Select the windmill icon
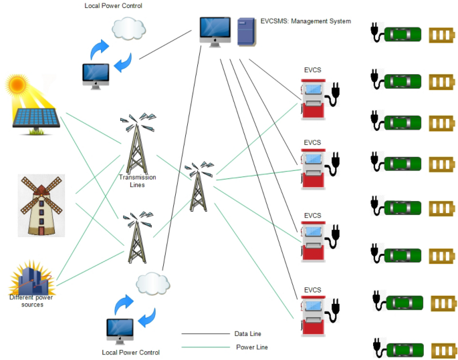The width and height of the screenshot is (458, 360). (x=41, y=206)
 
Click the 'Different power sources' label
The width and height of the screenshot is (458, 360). (x=31, y=301)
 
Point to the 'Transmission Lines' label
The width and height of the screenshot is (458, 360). (x=137, y=182)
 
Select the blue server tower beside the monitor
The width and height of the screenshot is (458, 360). (x=246, y=32)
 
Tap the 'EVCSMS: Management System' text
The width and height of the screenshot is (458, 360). (x=305, y=21)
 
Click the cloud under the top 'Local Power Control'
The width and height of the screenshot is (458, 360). (x=129, y=28)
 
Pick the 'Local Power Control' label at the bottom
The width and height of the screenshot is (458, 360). (x=132, y=352)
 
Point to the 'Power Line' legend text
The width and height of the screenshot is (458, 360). (x=252, y=347)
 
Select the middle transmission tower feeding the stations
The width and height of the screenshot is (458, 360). (x=197, y=187)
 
